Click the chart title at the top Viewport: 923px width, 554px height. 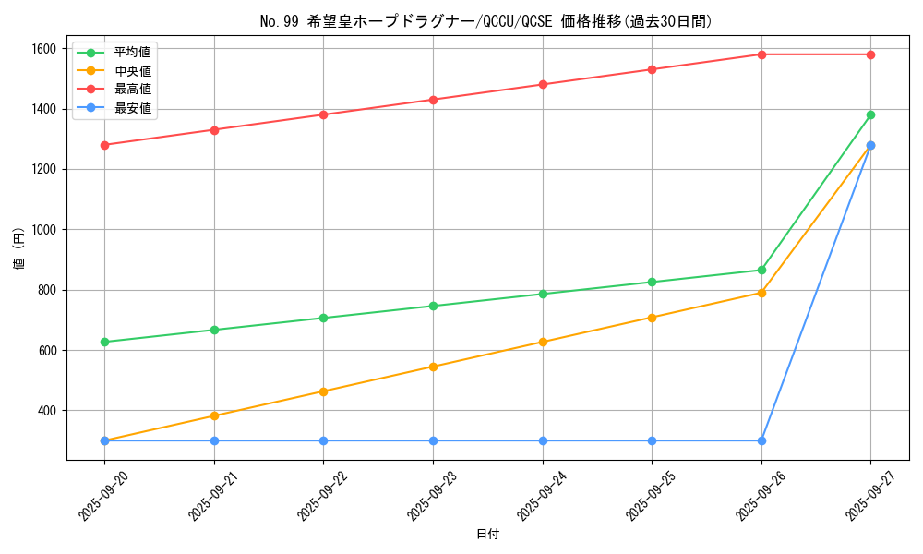click(486, 21)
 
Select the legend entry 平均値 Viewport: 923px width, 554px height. click(132, 52)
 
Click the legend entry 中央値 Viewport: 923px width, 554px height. click(132, 70)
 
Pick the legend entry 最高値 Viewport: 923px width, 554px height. click(132, 89)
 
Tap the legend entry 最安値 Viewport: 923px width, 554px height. click(132, 108)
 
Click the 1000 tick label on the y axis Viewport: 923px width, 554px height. click(43, 230)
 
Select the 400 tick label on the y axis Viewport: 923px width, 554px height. click(47, 411)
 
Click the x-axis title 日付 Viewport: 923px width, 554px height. click(487, 535)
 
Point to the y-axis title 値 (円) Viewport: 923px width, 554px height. click(18, 248)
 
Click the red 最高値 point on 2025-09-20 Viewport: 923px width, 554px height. click(104, 145)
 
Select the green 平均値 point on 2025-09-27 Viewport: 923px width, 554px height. click(870, 114)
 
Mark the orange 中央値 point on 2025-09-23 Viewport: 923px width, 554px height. click(433, 367)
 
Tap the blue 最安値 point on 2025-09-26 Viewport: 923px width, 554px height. click(761, 440)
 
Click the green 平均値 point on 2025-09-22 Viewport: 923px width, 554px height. click(323, 318)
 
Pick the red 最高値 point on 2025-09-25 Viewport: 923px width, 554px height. click(652, 69)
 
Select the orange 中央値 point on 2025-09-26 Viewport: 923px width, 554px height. click(761, 293)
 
